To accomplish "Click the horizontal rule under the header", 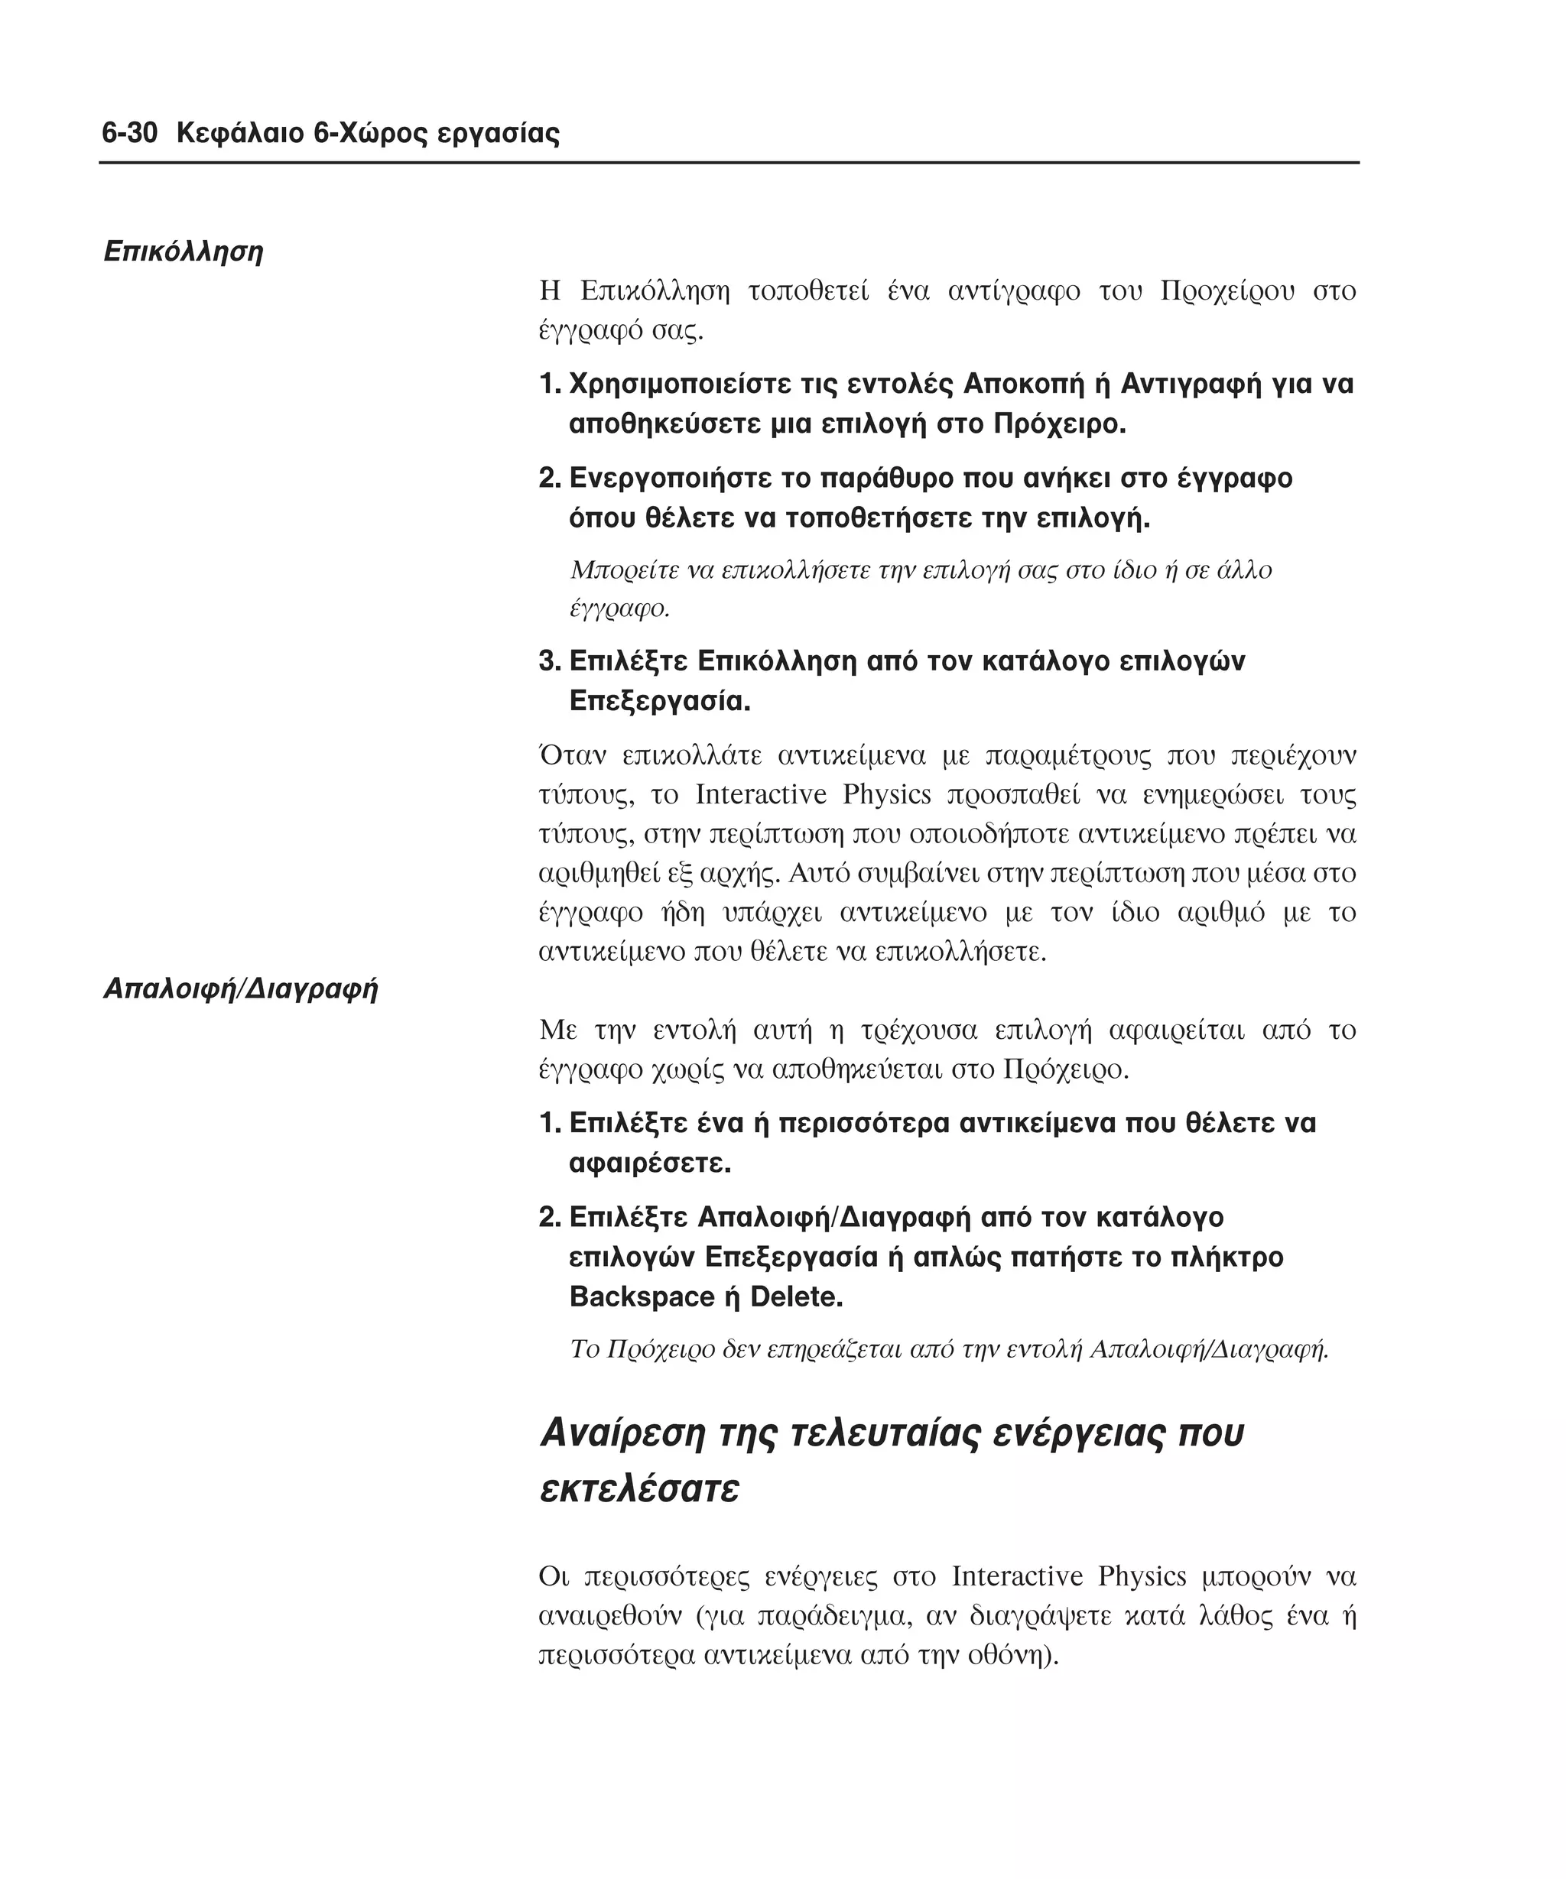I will coord(729,163).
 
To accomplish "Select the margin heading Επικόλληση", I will coord(184,252).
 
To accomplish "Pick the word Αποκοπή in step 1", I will coord(1022,384).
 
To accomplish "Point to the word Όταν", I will coord(572,755).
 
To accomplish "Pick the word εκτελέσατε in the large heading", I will coord(640,1490).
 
